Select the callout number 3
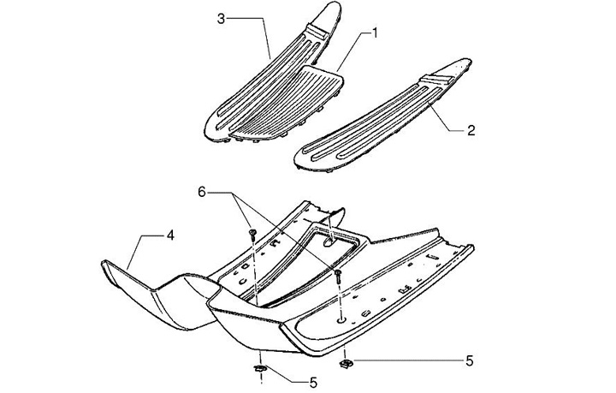coord(221,17)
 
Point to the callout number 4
coord(170,234)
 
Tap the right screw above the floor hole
coord(340,275)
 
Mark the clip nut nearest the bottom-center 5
coord(260,369)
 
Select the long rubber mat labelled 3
coord(257,86)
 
